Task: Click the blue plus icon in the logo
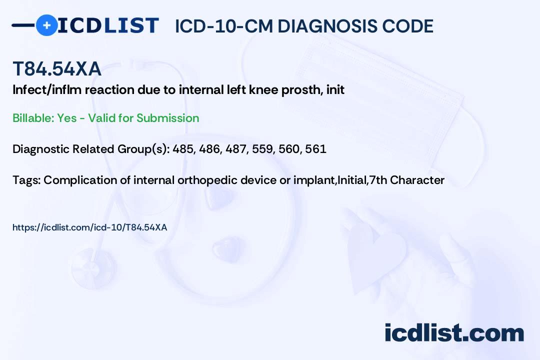tap(46, 25)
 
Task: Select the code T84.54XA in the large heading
tap(57, 68)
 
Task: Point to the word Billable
tap(33, 118)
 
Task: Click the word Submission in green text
tap(167, 118)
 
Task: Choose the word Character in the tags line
tap(417, 180)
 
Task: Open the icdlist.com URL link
tap(90, 227)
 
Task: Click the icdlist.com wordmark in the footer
tap(454, 332)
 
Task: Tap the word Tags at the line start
tap(26, 180)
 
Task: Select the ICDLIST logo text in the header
tap(108, 25)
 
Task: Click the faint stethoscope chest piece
tap(92, 267)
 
